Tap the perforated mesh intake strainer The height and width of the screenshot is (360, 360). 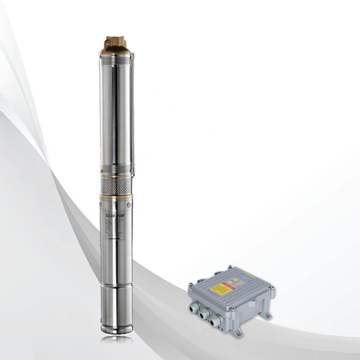(x=115, y=185)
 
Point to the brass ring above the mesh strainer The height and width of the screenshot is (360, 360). (x=115, y=176)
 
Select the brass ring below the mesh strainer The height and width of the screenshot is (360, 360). (x=115, y=196)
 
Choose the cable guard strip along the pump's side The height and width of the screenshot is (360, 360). (x=132, y=112)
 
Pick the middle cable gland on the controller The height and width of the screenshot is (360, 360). (x=205, y=314)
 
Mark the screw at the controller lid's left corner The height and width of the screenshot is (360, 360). (x=190, y=284)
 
